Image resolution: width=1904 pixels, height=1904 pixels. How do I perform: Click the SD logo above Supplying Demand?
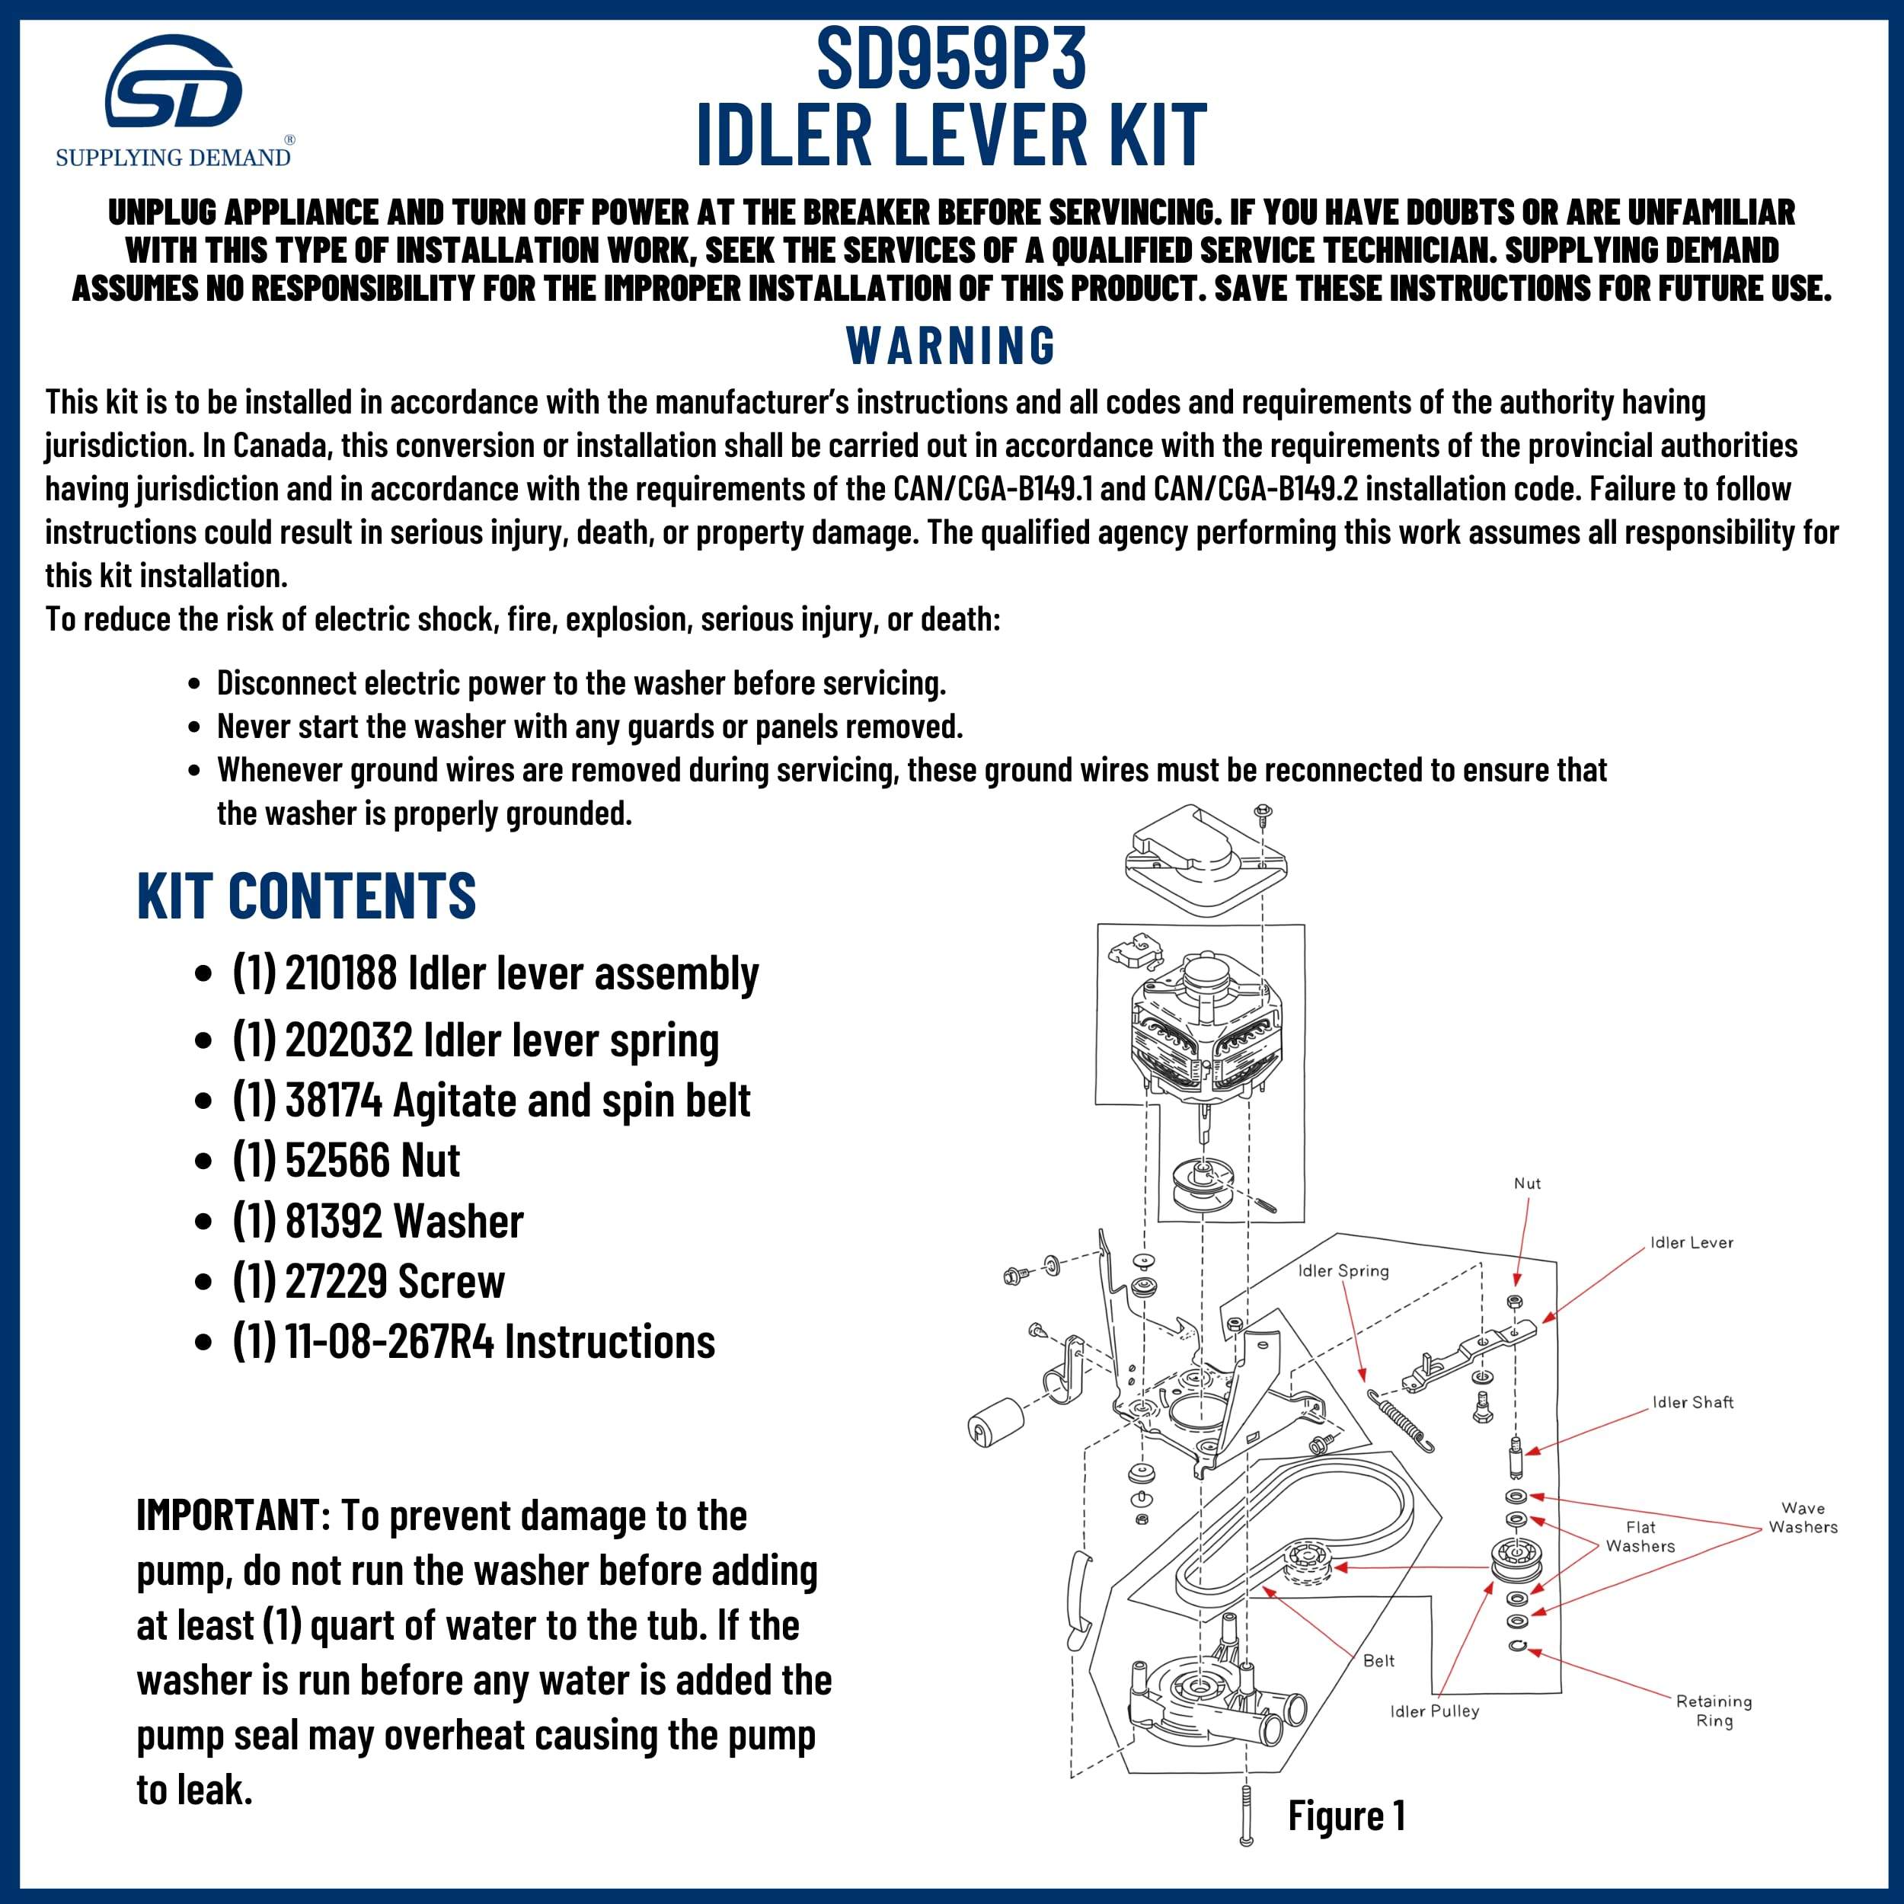[x=174, y=83]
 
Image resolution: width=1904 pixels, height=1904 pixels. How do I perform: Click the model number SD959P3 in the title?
[x=951, y=59]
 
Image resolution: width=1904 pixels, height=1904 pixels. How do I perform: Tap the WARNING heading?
[x=951, y=345]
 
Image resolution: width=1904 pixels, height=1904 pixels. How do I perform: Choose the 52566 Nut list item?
[x=347, y=1161]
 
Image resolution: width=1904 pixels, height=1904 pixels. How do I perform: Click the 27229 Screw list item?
[x=369, y=1282]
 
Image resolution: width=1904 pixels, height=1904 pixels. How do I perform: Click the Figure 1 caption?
[x=1347, y=1816]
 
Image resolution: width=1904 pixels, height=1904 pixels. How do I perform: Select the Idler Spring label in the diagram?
[x=1343, y=1271]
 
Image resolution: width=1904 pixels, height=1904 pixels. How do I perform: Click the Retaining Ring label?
[x=1714, y=1711]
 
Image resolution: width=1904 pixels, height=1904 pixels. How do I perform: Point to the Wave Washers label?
[x=1803, y=1518]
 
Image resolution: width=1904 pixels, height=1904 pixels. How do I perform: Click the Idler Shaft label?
[x=1692, y=1402]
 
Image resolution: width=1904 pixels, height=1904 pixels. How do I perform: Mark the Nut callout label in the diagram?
[x=1526, y=1184]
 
